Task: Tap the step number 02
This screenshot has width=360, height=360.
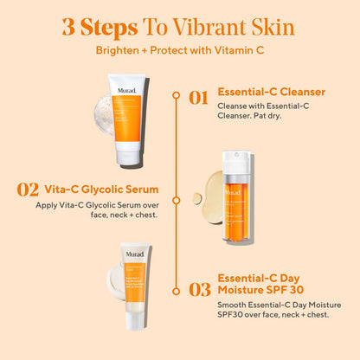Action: click(x=29, y=189)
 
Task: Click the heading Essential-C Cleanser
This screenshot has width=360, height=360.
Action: click(x=271, y=92)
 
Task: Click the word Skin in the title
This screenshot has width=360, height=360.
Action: click(x=272, y=26)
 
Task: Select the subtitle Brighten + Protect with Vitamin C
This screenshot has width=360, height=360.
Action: click(x=179, y=51)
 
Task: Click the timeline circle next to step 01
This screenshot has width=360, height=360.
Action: click(x=180, y=97)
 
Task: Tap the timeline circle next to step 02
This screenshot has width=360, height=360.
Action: click(x=180, y=189)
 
